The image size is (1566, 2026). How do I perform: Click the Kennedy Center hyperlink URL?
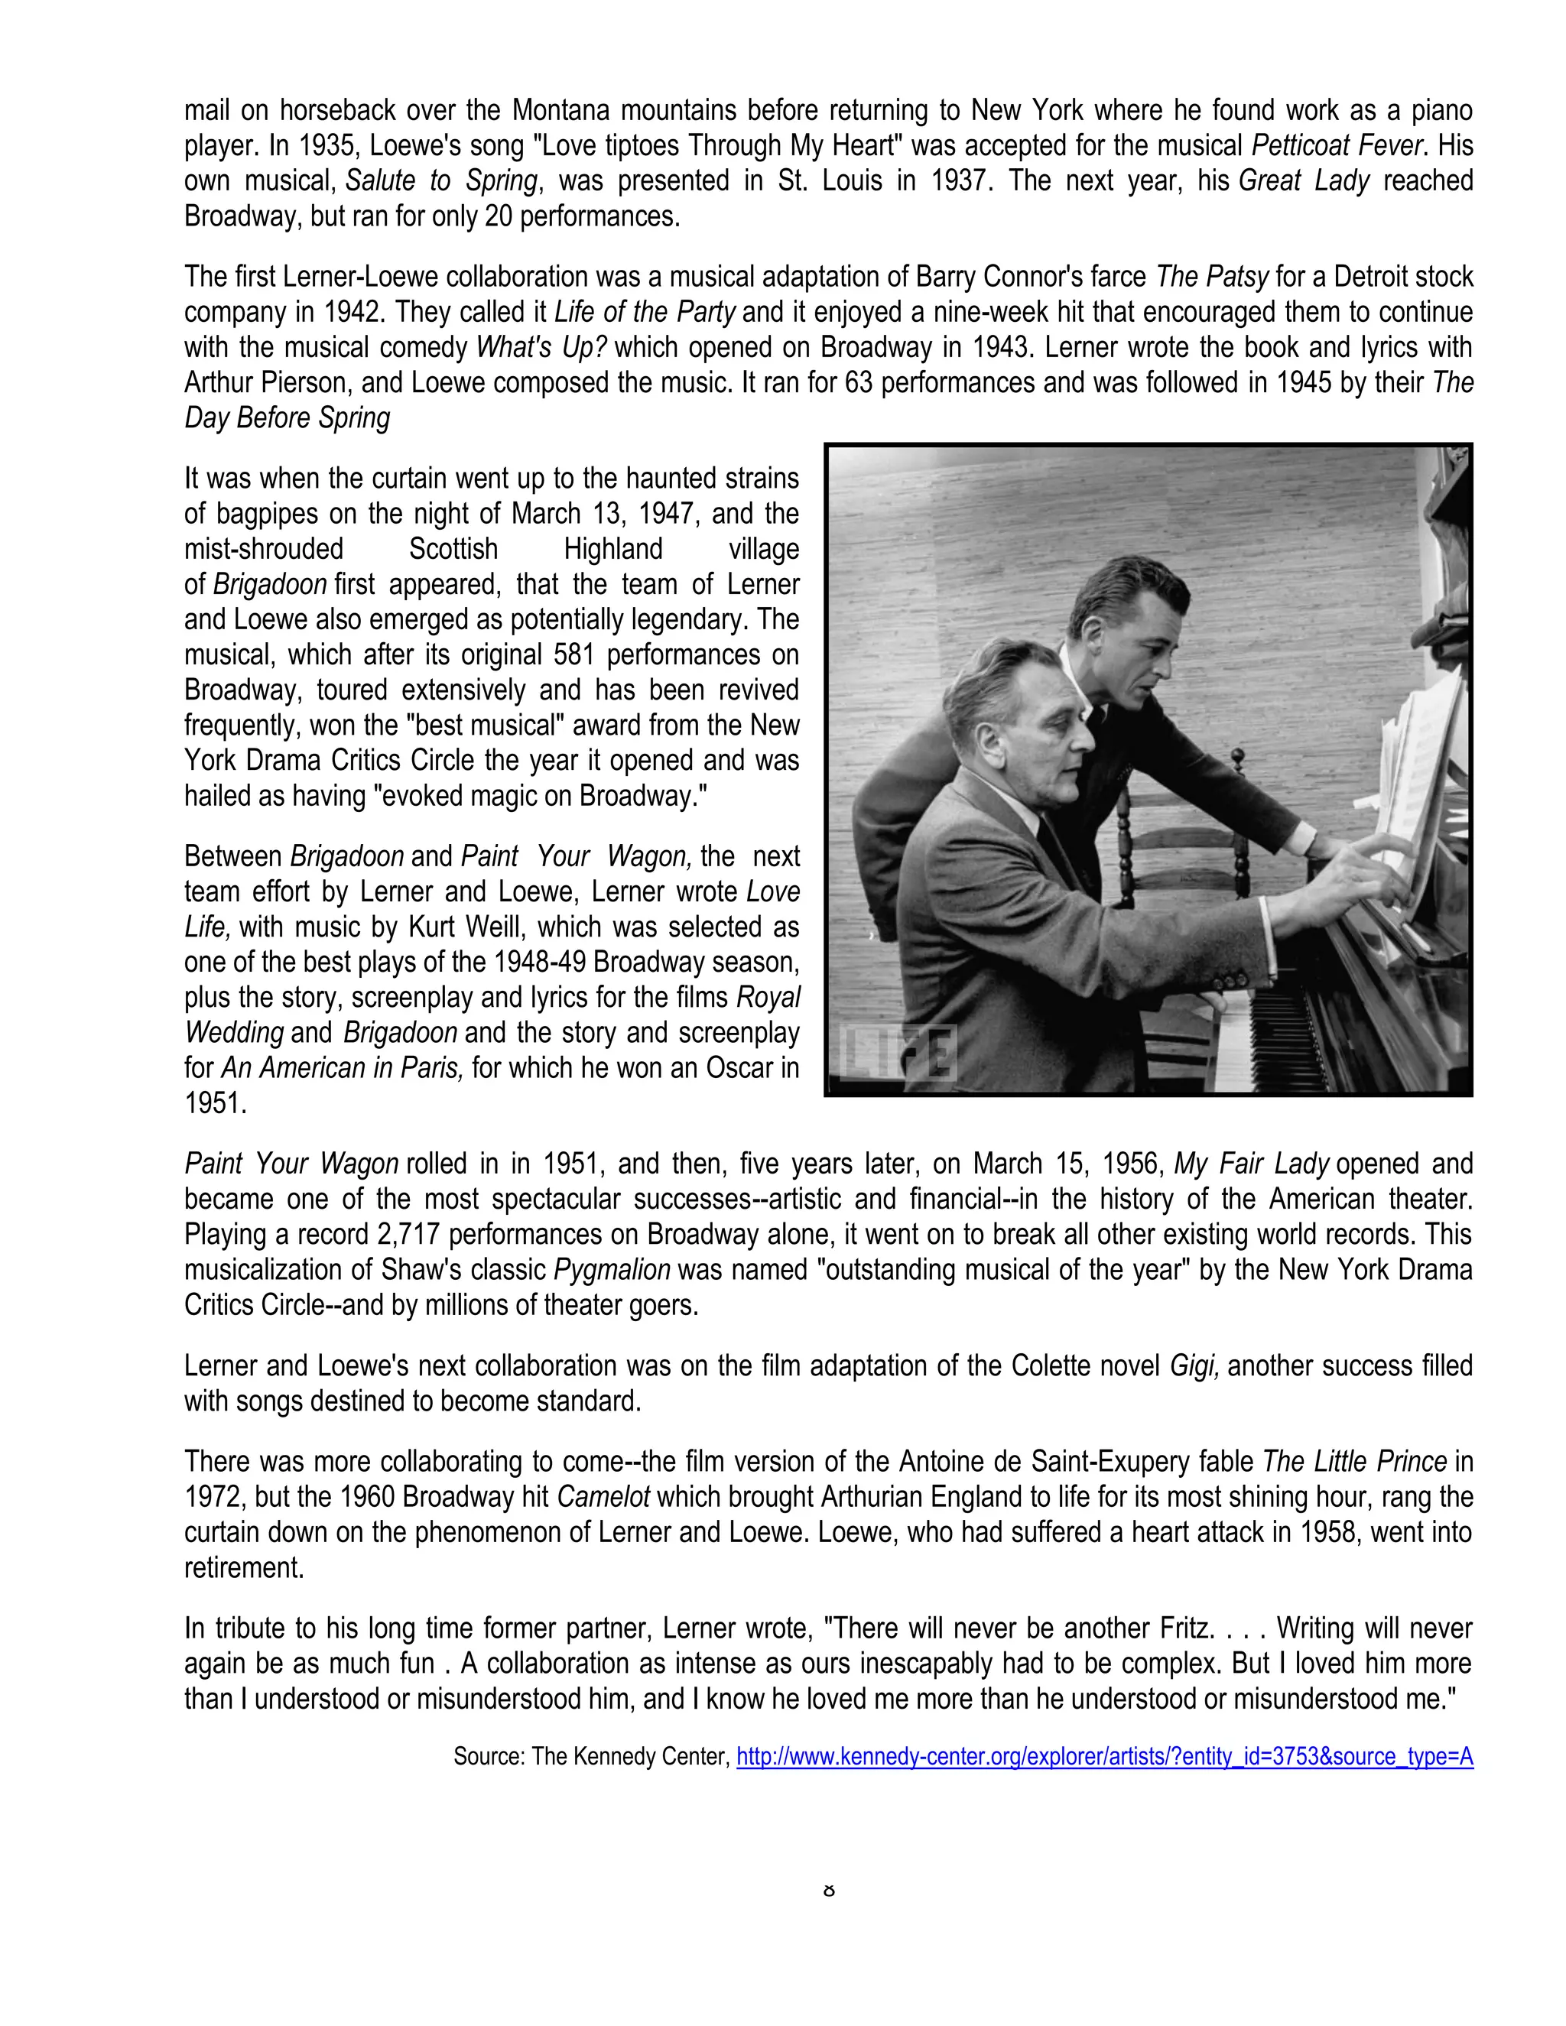[x=1104, y=1756]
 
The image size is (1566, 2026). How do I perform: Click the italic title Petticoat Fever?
[x=1339, y=145]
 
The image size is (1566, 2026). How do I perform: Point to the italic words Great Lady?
[x=1304, y=181]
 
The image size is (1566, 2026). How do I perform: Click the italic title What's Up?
[x=542, y=348]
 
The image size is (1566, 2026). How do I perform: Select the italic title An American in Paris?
[x=340, y=1069]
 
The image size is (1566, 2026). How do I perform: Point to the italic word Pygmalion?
[x=612, y=1270]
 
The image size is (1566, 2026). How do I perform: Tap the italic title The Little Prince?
[x=1354, y=1462]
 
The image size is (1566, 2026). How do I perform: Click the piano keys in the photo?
[x=1280, y=1030]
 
